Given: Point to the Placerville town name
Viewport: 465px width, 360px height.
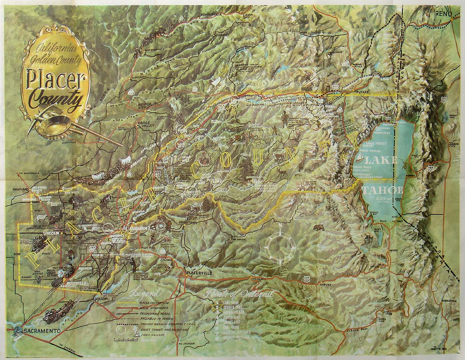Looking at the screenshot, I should [199, 273].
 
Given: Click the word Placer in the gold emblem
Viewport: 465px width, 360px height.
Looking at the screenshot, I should [56, 81].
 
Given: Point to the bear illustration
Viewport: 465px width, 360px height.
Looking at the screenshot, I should [319, 227].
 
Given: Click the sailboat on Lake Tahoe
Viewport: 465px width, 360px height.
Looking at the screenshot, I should [360, 158].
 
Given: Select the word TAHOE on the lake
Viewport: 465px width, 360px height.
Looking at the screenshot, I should [382, 189].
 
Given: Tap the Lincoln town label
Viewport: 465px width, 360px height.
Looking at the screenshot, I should [52, 234].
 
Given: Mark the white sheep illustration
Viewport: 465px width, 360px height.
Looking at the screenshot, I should [41, 218].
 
